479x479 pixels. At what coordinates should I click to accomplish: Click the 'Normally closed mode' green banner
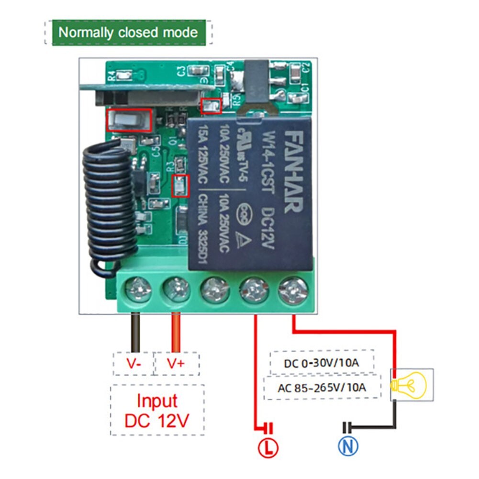click(x=128, y=33)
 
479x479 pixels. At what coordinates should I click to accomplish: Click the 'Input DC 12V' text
click(x=157, y=411)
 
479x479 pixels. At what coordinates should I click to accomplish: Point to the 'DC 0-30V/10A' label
click(x=321, y=363)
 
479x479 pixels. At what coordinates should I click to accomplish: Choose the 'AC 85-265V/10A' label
click(x=322, y=387)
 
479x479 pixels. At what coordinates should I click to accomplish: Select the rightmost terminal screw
click(x=292, y=289)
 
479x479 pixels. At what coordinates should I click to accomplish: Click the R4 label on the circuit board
click(x=112, y=75)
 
